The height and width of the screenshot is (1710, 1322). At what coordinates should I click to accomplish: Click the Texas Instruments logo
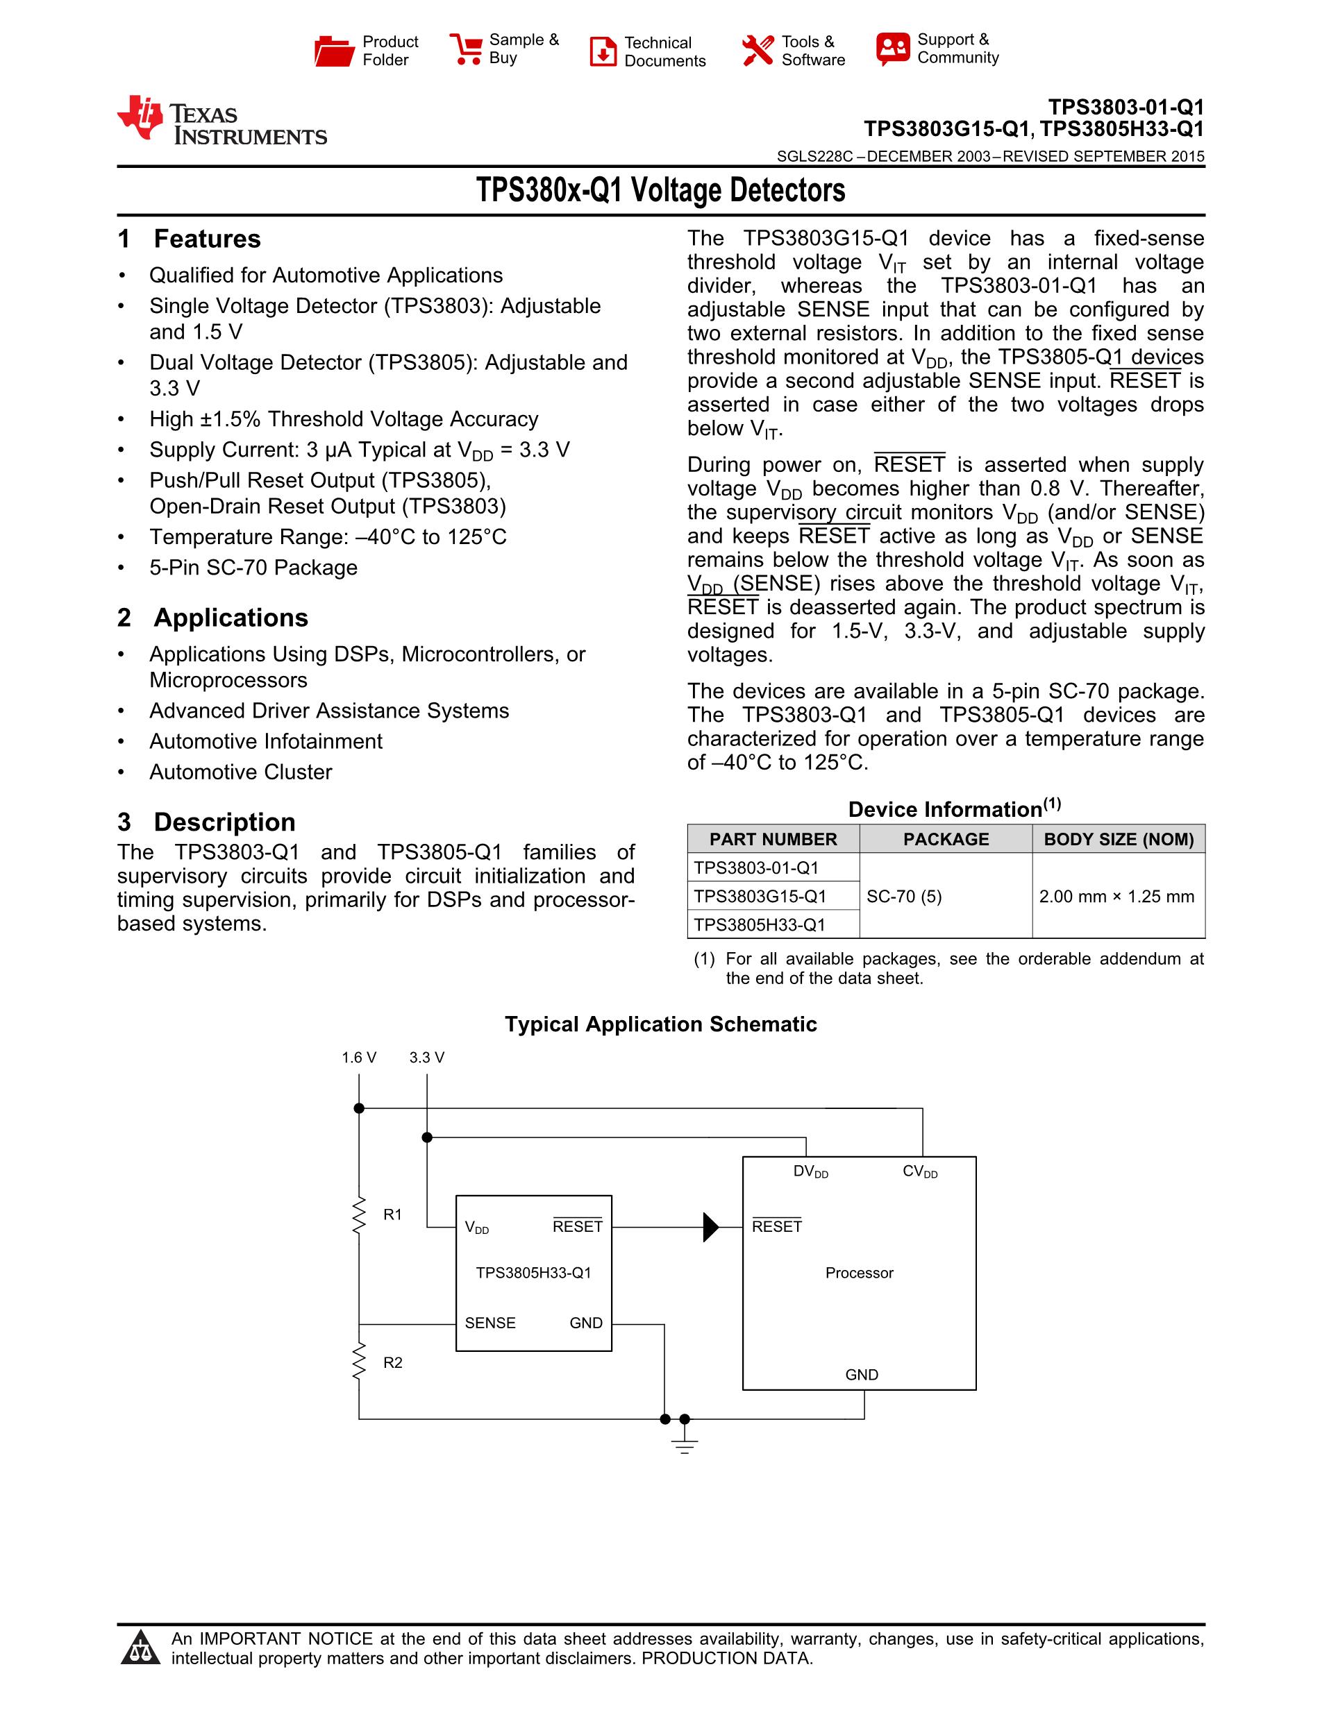pyautogui.click(x=221, y=121)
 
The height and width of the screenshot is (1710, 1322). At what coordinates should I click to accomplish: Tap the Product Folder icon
pyautogui.click(x=334, y=51)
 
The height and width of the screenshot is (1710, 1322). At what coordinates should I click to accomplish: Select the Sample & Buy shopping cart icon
pyautogui.click(x=466, y=49)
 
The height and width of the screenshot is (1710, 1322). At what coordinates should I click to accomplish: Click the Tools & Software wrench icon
pyautogui.click(x=758, y=51)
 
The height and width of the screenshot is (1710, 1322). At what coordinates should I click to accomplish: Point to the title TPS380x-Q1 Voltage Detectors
pyautogui.click(x=660, y=190)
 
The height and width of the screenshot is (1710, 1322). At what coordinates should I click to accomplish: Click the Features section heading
pyautogui.click(x=207, y=239)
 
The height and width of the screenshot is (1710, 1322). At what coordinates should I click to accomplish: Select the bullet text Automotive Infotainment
pyautogui.click(x=265, y=741)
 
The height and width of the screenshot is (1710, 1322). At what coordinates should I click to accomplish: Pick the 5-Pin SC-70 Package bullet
pyautogui.click(x=253, y=568)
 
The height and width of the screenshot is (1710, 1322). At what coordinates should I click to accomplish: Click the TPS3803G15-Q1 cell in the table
pyautogui.click(x=760, y=896)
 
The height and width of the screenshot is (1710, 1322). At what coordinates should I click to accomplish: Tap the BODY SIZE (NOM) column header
pyautogui.click(x=1119, y=839)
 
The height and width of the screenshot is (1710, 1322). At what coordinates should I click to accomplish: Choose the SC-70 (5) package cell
pyautogui.click(x=904, y=897)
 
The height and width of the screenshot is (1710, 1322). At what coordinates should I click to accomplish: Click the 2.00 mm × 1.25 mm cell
pyautogui.click(x=1116, y=897)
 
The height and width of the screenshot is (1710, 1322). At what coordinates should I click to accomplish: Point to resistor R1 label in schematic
pyautogui.click(x=392, y=1214)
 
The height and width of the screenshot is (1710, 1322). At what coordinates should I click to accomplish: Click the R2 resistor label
pyautogui.click(x=392, y=1362)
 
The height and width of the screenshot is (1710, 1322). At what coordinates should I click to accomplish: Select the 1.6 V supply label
pyautogui.click(x=359, y=1058)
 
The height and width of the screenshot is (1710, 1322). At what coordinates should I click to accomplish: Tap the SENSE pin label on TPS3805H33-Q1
pyautogui.click(x=490, y=1323)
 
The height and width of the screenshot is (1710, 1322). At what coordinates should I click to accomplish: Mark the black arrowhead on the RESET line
pyautogui.click(x=710, y=1227)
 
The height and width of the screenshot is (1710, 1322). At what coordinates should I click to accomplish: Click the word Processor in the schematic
pyautogui.click(x=859, y=1273)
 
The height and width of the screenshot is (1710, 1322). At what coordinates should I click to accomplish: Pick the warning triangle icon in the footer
pyautogui.click(x=141, y=1648)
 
